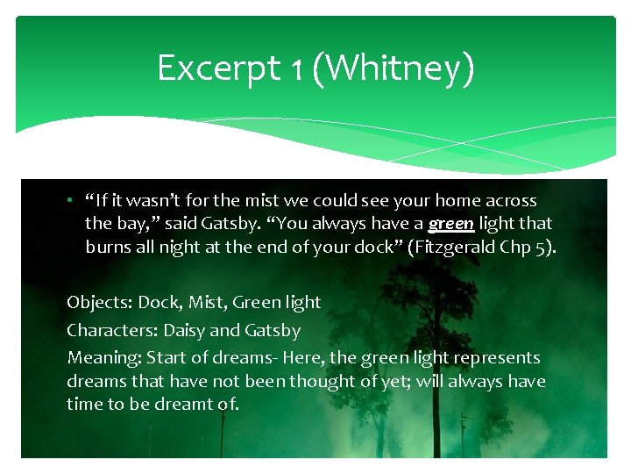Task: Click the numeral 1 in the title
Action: point(296,68)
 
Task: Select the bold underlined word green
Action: point(451,224)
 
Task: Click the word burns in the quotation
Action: point(107,247)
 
